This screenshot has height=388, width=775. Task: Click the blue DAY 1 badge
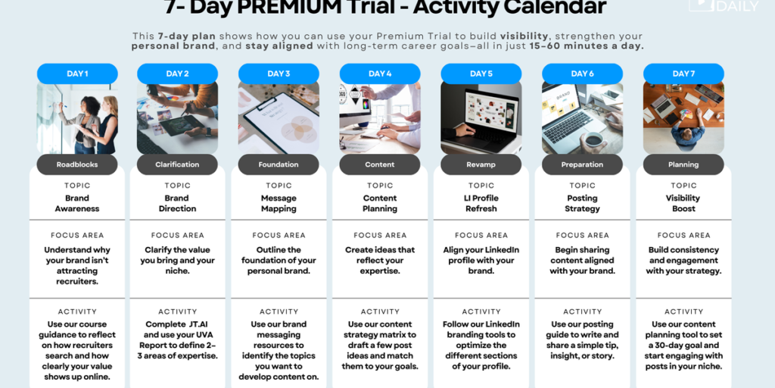coord(77,74)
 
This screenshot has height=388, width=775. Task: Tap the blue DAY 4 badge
coord(380,74)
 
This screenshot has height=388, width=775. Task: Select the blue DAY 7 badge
coord(683,74)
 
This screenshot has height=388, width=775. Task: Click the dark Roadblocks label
coord(77,164)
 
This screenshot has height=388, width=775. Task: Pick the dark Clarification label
coord(178,164)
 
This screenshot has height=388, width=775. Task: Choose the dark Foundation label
coord(279,164)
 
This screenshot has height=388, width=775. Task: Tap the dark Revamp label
coord(481,164)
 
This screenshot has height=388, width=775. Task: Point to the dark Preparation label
coord(582,164)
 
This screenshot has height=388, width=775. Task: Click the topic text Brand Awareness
coord(77,203)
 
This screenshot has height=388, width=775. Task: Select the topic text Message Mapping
coord(279,203)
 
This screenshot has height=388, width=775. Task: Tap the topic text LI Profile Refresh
coord(481,203)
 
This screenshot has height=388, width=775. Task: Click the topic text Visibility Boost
coord(683,203)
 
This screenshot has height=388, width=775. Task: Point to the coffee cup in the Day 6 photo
coord(593,141)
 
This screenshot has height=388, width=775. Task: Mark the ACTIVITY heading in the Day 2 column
coord(178,311)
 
